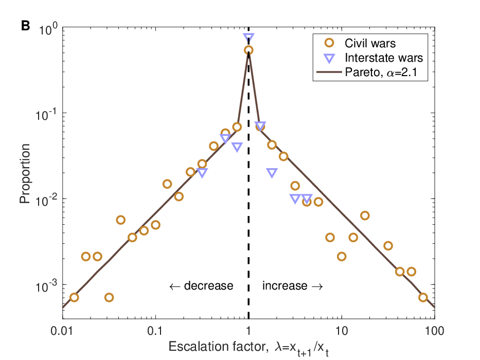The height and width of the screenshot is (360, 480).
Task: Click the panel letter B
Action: click(x=26, y=26)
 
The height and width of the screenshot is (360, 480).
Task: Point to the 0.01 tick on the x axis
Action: click(x=63, y=331)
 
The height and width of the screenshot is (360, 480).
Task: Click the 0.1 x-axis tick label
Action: click(x=155, y=331)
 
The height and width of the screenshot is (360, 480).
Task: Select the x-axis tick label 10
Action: click(x=341, y=331)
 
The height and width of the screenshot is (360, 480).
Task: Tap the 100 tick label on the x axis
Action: click(x=434, y=331)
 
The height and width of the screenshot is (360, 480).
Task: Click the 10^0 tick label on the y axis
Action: click(x=48, y=29)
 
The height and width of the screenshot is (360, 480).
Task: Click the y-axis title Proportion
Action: click(x=25, y=174)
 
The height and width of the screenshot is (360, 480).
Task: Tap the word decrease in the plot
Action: click(x=208, y=285)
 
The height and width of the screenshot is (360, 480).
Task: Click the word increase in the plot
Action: click(x=285, y=285)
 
